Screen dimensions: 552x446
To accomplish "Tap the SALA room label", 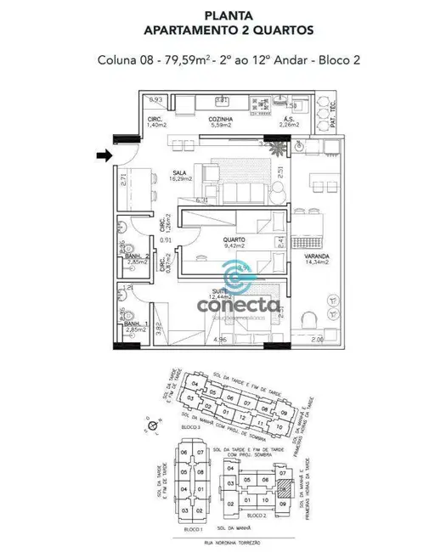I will click(x=179, y=174).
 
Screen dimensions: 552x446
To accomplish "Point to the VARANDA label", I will click(x=317, y=256).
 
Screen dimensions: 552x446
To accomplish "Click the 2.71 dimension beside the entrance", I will click(x=123, y=179).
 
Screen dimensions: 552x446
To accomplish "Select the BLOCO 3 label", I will click(x=192, y=428).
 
